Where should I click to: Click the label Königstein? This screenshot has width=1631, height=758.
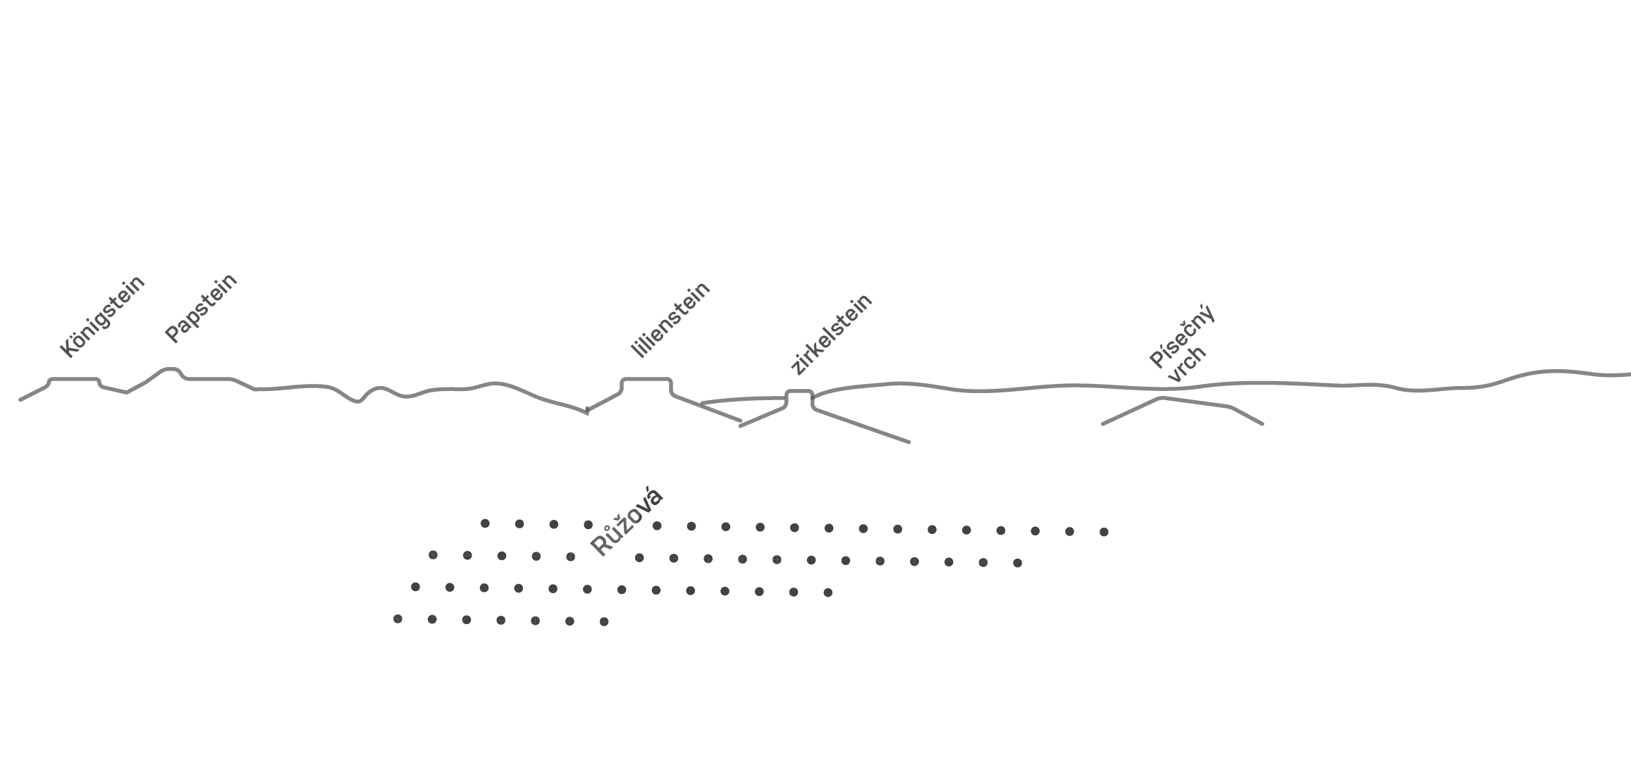pos(102,316)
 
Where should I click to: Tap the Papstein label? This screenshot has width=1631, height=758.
pos(201,308)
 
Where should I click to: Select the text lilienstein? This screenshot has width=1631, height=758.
pos(670,319)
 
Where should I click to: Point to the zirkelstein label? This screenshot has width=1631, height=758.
pos(832,334)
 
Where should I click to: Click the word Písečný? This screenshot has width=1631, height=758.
pos(1182,337)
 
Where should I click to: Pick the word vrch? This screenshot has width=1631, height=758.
pos(1188,364)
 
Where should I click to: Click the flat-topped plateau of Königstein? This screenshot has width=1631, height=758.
pos(74,379)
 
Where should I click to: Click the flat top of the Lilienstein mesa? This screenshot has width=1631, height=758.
pos(646,379)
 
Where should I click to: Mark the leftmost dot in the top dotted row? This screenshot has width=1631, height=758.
pos(485,523)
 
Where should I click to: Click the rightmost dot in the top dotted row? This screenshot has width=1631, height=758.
pos(1104,532)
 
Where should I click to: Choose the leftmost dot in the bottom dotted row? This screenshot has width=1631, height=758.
pos(398,619)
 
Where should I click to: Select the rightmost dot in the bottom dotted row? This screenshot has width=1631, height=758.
pos(604,621)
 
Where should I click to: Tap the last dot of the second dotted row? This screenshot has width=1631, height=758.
pos(1017,563)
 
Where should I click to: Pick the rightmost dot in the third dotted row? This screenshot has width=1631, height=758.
pos(828,592)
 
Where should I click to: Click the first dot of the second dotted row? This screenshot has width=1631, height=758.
pos(433,555)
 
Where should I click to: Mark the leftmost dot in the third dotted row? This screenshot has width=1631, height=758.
pos(415,587)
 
